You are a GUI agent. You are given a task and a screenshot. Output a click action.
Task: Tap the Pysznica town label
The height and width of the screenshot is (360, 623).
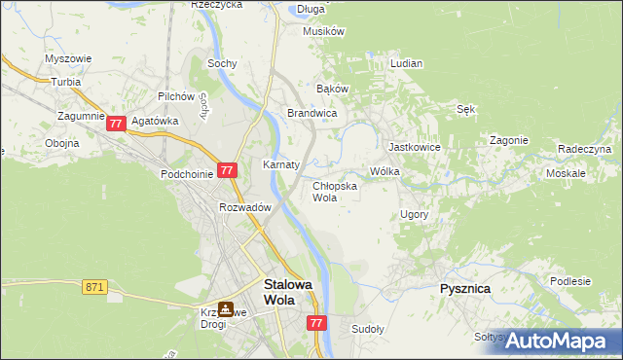tap(464, 289)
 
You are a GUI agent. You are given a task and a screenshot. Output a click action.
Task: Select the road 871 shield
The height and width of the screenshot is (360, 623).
tap(94, 287)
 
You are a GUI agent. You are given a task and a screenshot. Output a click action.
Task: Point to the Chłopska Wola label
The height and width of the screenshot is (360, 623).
tap(335, 191)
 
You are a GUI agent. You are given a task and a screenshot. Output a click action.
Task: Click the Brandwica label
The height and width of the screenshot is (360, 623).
tap(311, 114)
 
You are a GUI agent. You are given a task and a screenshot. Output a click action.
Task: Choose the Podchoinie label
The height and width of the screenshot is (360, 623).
tap(187, 173)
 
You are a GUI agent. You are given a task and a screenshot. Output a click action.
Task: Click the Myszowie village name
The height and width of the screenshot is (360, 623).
tap(68, 58)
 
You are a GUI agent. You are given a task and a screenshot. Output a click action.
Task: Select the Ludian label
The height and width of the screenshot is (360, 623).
tap(406, 63)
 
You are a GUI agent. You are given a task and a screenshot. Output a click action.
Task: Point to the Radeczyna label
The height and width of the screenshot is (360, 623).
tap(584, 149)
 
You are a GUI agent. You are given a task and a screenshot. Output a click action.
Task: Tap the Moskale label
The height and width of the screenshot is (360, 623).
tap(566, 173)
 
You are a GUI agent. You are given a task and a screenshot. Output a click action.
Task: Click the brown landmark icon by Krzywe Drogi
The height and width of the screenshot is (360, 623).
tap(226, 309)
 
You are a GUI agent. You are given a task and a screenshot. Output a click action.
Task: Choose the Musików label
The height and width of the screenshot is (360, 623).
tap(324, 31)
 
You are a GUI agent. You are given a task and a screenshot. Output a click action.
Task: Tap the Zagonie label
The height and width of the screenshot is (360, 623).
tap(508, 140)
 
